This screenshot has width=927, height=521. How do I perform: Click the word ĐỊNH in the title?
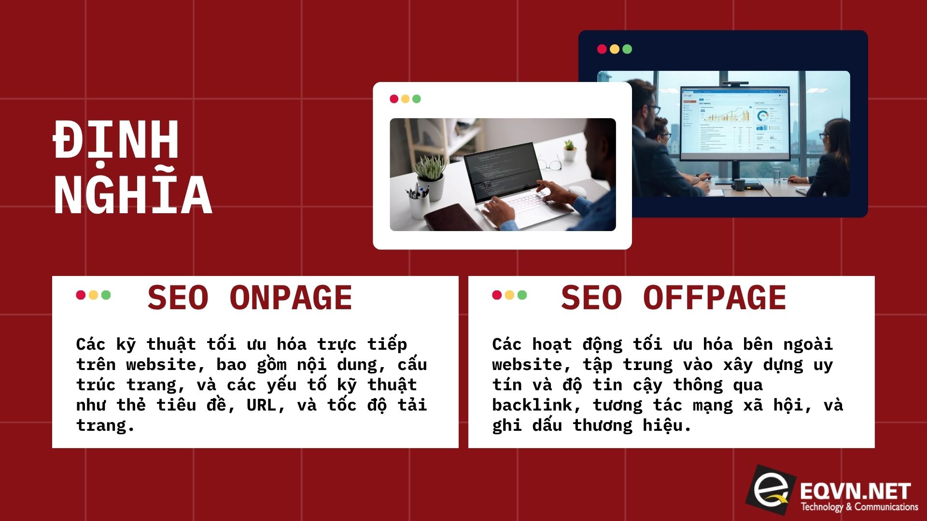tap(116, 139)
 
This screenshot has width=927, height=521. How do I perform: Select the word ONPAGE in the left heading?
tap(291, 298)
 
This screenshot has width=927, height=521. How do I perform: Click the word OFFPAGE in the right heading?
tap(715, 298)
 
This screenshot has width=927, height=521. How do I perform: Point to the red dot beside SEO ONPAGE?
tap(81, 295)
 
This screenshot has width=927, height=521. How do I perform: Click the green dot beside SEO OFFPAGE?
tap(522, 295)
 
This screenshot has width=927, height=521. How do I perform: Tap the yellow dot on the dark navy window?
tap(615, 49)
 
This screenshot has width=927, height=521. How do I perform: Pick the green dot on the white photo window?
tap(417, 99)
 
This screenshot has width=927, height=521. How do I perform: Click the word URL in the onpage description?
tap(261, 405)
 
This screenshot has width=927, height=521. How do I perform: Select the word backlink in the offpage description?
tap(531, 405)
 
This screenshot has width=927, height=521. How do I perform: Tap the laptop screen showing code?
tap(500, 171)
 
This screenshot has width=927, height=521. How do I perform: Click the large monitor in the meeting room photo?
tap(734, 123)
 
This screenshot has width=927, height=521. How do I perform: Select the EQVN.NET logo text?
tap(855, 491)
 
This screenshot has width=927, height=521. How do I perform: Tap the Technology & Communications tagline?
tap(859, 507)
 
